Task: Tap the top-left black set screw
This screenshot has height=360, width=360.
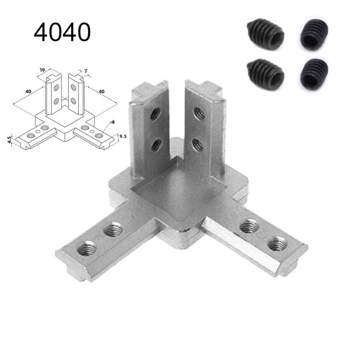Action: (x=266, y=35)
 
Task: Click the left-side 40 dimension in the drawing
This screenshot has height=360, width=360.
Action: (x=28, y=91)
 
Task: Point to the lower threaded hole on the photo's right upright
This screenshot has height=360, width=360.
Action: (x=197, y=145)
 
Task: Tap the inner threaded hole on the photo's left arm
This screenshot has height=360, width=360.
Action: (x=113, y=229)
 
